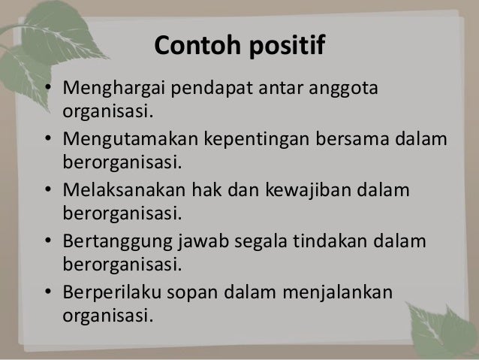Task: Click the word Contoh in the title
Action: tap(196, 47)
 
